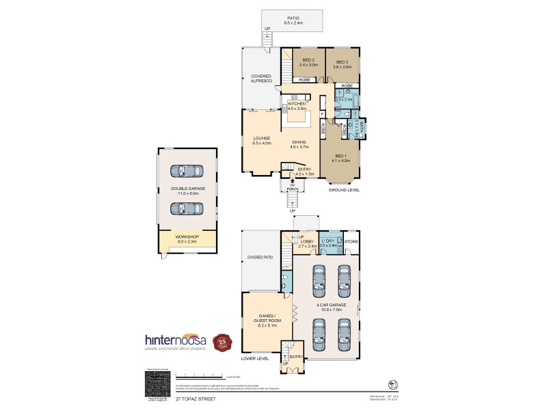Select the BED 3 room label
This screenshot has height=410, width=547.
tap(342, 64)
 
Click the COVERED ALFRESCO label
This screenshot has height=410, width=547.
tap(262, 79)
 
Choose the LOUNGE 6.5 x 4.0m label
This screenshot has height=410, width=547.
tap(262, 141)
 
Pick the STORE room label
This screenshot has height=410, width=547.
tap(351, 241)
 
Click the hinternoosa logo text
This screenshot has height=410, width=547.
tap(175, 340)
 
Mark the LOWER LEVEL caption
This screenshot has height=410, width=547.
tap(255, 357)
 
